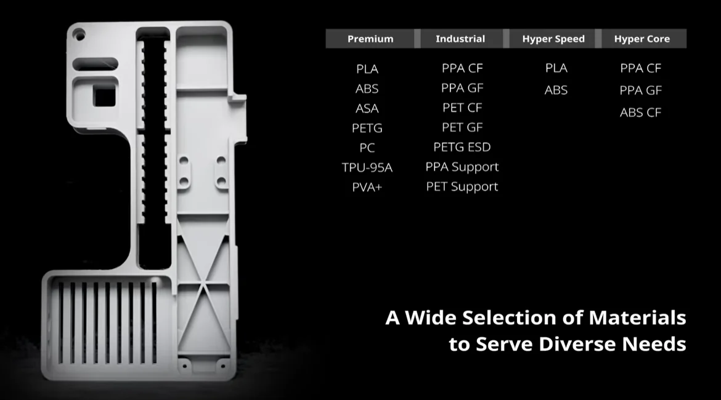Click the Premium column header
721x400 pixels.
coord(370,39)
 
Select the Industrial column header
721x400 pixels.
coord(460,39)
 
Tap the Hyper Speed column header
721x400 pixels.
coord(553,39)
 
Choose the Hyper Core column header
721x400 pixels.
coord(642,39)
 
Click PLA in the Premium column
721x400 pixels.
coord(367,69)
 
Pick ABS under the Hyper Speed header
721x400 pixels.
coord(556,90)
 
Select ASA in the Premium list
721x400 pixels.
coord(367,108)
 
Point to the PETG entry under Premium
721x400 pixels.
coord(367,128)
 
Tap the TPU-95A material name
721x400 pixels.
coord(367,167)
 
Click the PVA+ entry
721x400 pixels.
coord(367,187)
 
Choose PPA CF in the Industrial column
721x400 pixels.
coord(462,68)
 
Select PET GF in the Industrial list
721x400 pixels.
coord(462,127)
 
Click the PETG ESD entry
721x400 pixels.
coord(462,147)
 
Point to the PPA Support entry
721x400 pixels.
coord(462,167)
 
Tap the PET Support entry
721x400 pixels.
coord(462,186)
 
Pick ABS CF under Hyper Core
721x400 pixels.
coord(641,113)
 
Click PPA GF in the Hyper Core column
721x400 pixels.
coord(641,90)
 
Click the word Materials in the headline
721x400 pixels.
coord(637,318)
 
